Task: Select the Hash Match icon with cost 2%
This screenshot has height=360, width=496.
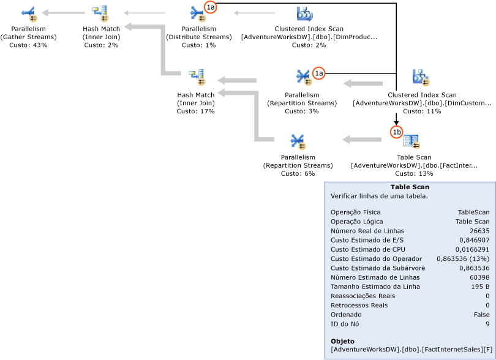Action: click(100, 13)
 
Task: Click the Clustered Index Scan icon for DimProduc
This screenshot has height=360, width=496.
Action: click(305, 13)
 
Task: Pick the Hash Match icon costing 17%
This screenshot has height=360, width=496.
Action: click(197, 78)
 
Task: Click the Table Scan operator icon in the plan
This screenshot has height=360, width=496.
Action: click(412, 141)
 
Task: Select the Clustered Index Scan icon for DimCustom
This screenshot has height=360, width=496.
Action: click(421, 78)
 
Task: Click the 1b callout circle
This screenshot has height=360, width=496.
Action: click(396, 131)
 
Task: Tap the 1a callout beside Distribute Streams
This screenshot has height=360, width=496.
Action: click(211, 7)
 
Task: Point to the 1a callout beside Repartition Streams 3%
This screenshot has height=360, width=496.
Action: click(318, 73)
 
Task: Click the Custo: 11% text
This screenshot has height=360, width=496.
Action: click(422, 111)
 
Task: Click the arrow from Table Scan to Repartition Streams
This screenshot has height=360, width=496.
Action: click(361, 140)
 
